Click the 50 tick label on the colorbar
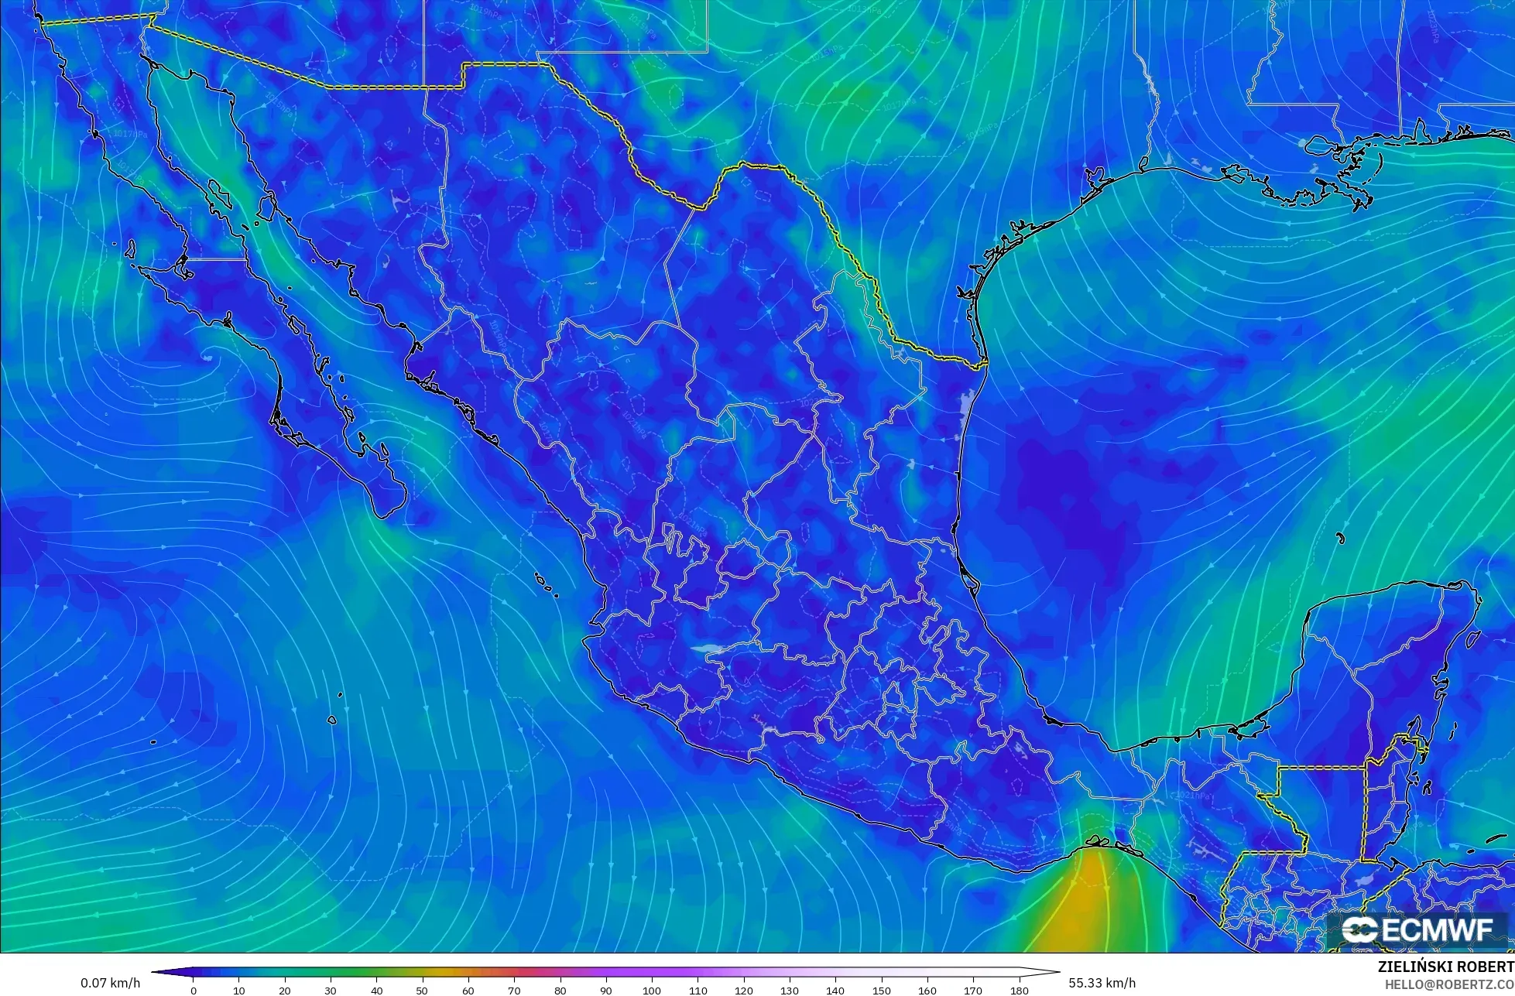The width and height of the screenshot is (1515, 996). point(423,991)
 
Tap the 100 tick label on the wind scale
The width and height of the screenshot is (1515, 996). point(652,991)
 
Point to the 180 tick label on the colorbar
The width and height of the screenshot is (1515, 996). point(1020,991)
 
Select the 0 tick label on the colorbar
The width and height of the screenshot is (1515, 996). point(194,991)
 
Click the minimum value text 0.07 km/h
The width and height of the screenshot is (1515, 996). point(111,983)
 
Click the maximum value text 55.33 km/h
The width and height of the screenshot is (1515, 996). point(1102,983)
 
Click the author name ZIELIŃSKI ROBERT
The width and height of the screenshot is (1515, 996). point(1445,967)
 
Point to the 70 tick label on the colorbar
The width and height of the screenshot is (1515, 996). point(515,991)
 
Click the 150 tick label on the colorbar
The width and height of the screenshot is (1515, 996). point(882,991)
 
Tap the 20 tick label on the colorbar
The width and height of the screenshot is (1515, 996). point(285,991)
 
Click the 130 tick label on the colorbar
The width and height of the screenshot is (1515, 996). point(790,991)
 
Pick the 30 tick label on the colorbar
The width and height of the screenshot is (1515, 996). point(331,991)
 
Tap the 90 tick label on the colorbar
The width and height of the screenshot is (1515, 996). point(606,991)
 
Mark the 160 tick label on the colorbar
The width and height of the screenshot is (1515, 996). point(927,991)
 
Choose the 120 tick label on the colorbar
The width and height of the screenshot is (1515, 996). point(744,991)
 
